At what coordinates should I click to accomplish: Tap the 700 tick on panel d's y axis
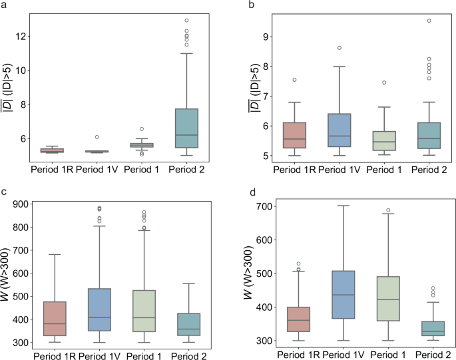[x=253, y=206]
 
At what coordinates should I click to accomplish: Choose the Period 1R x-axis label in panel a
[x=53, y=169]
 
